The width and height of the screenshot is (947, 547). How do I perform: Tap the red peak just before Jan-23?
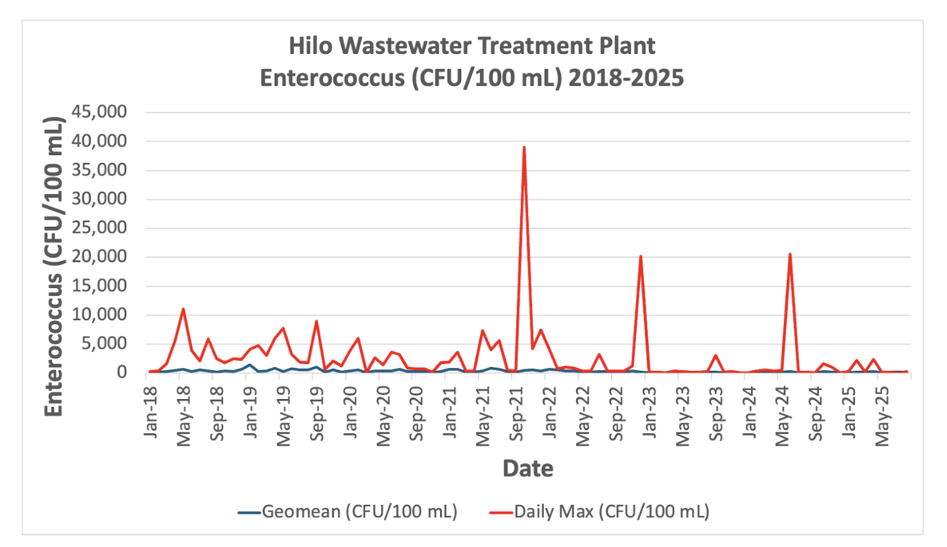[641, 256]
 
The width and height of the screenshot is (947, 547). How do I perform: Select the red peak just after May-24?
[790, 254]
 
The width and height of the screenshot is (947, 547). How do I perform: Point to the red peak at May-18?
[183, 309]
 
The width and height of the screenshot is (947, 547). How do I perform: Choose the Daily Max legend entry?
[595, 511]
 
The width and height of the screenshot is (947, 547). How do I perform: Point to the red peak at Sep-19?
[316, 321]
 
